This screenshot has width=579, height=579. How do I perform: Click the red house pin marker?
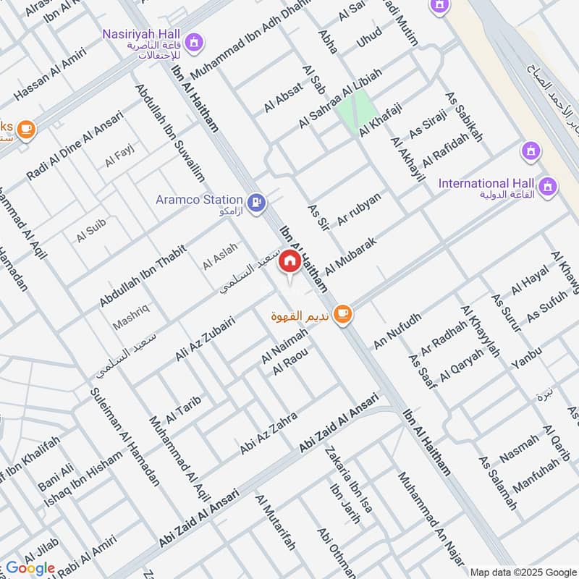pos(290,261)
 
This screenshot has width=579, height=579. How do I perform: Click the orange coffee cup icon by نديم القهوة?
pos(342,314)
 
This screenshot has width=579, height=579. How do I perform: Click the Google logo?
pos(30,568)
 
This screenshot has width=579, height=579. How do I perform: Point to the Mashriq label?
pos(131,317)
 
